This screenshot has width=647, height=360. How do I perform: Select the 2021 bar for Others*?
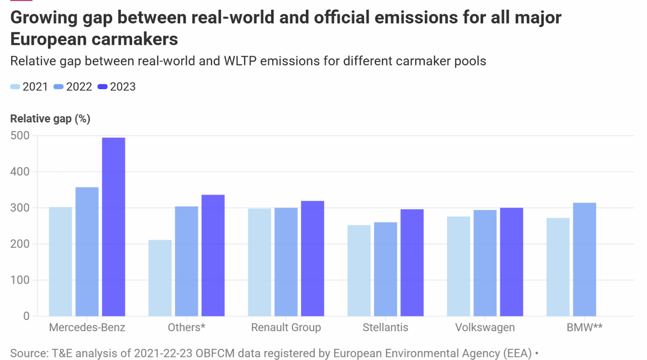[160, 278]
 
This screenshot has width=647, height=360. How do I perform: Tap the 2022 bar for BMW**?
[584, 259]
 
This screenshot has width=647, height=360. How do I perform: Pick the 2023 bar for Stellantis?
[412, 263]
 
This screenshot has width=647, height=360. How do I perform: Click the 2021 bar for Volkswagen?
[458, 266]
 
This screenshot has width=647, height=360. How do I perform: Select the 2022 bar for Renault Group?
[286, 262]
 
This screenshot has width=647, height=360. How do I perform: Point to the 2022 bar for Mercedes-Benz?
[87, 252]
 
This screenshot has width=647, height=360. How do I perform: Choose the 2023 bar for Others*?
[213, 255]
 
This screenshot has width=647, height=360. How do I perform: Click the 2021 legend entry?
[29, 87]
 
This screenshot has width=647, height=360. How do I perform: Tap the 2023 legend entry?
[117, 87]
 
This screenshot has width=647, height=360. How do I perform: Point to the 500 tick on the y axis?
[20, 136]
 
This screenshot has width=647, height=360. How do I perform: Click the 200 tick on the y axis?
[20, 244]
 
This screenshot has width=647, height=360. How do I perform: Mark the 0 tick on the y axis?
[26, 316]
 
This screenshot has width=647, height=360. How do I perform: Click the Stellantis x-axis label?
[385, 328]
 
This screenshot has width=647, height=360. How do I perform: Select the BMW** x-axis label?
[584, 328]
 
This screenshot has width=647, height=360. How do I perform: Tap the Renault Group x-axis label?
[286, 328]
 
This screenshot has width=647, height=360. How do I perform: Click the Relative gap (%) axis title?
[50, 119]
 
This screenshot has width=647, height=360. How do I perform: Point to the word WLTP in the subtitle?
[240, 61]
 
